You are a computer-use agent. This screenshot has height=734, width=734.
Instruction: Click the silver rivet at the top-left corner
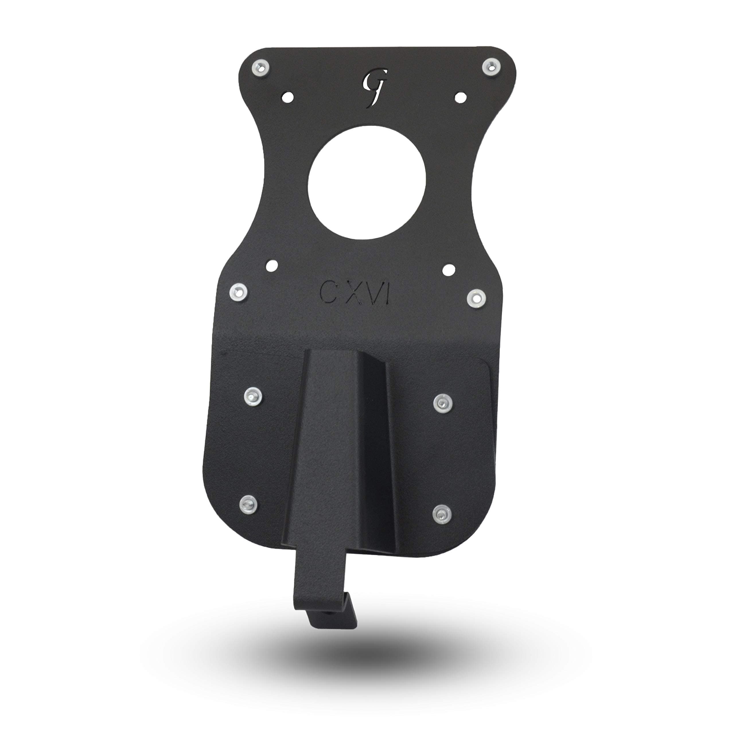coord(261,69)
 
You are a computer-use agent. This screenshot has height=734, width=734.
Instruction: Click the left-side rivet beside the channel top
coord(253,397)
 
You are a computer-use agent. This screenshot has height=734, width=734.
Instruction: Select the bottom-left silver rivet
coord(248,504)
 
